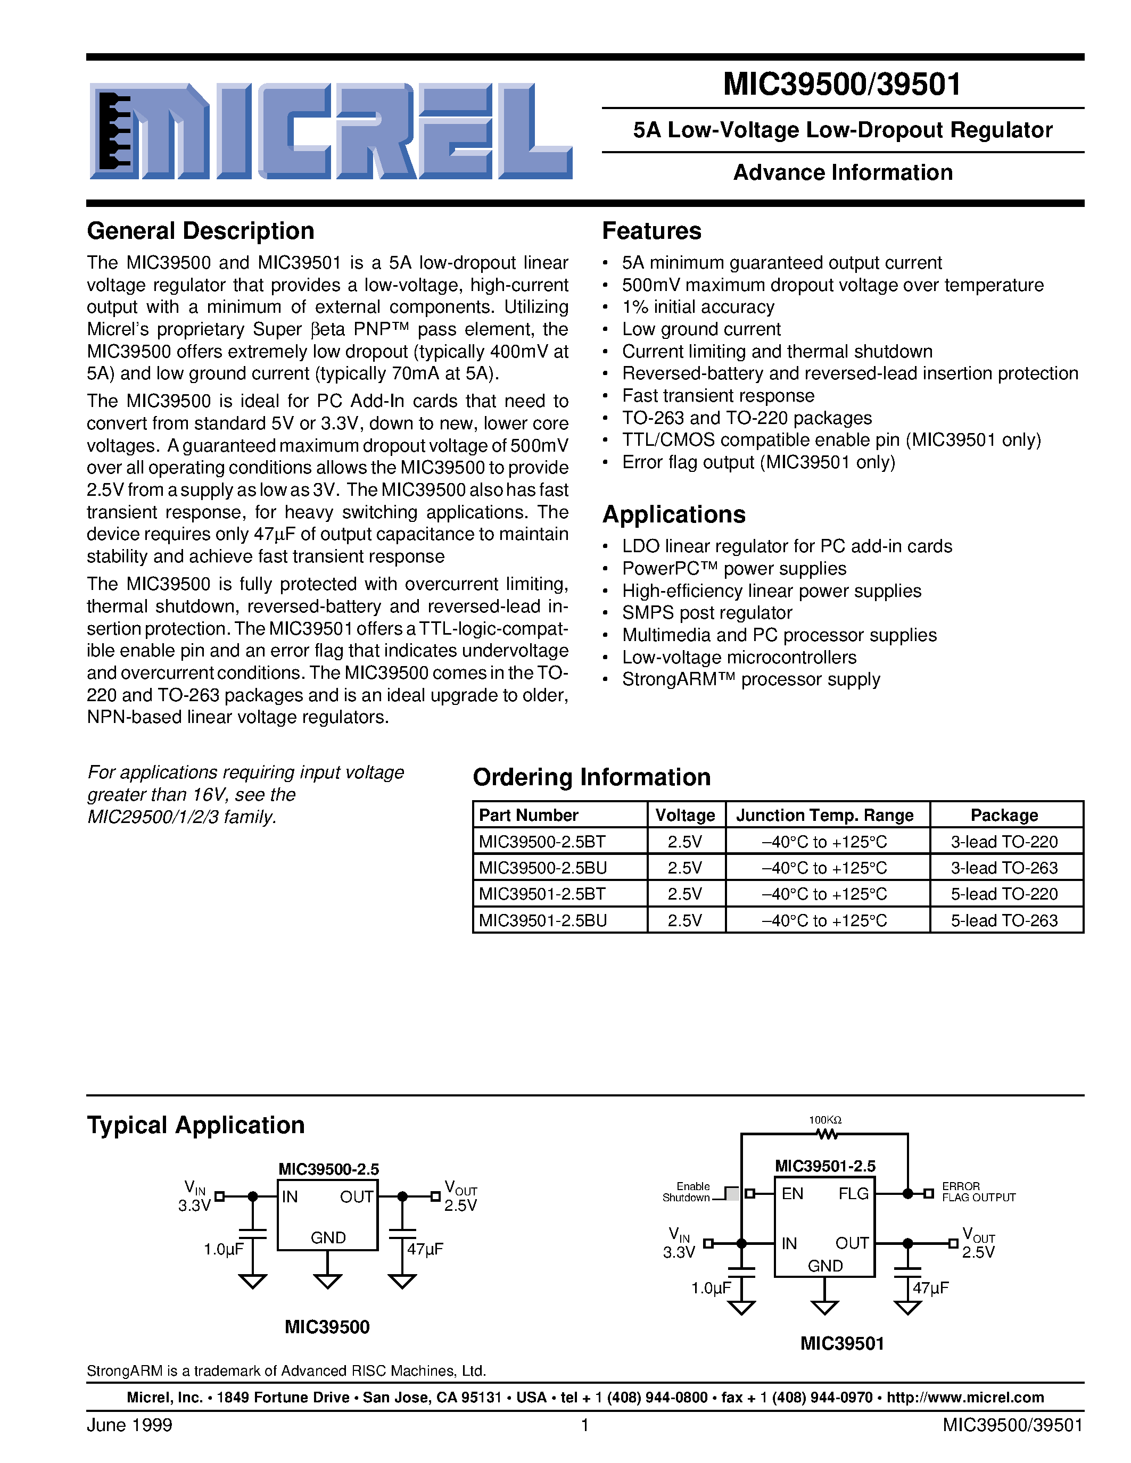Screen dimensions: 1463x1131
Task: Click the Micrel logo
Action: pos(331,131)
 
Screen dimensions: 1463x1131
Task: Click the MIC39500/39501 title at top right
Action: pos(842,85)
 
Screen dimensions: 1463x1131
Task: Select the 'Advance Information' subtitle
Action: pos(842,173)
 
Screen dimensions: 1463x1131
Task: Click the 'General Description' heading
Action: pos(200,231)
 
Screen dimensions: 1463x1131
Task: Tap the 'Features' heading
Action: pos(651,231)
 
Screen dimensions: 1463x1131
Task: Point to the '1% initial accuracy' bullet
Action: pos(698,307)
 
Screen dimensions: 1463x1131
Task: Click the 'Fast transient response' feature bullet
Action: pos(717,396)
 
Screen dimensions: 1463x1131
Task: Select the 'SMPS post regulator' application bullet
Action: pos(707,613)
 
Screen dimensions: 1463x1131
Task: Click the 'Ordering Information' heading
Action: pos(592,777)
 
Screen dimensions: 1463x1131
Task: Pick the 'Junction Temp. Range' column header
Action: pos(825,815)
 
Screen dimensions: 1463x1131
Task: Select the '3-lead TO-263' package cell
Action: pos(1004,868)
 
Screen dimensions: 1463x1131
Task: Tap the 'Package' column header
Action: pos(1004,815)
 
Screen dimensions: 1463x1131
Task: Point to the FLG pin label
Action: pos(853,1194)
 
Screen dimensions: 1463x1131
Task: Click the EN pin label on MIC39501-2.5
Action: pos(792,1194)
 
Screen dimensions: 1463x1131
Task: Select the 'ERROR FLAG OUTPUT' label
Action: pos(978,1192)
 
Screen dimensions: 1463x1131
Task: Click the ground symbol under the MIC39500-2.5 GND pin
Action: pos(328,1281)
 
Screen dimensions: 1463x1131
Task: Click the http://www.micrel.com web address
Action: pos(965,1398)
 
